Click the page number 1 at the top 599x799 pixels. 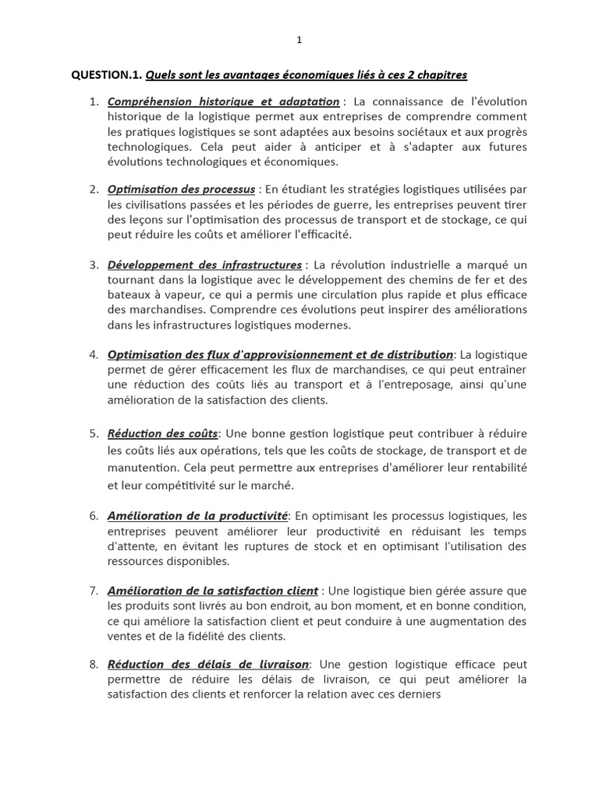click(299, 41)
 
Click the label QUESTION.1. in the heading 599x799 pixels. click(105, 75)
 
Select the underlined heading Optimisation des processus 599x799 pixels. click(181, 190)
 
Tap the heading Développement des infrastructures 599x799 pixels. click(204, 265)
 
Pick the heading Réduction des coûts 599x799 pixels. click(163, 433)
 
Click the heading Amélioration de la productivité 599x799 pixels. click(197, 516)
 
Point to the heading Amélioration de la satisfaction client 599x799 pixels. click(213, 591)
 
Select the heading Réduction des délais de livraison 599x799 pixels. click(208, 665)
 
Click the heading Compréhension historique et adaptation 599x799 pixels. click(223, 101)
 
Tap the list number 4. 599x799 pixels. click(93, 355)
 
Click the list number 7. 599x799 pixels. click(93, 591)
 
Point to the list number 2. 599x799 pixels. click(93, 190)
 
